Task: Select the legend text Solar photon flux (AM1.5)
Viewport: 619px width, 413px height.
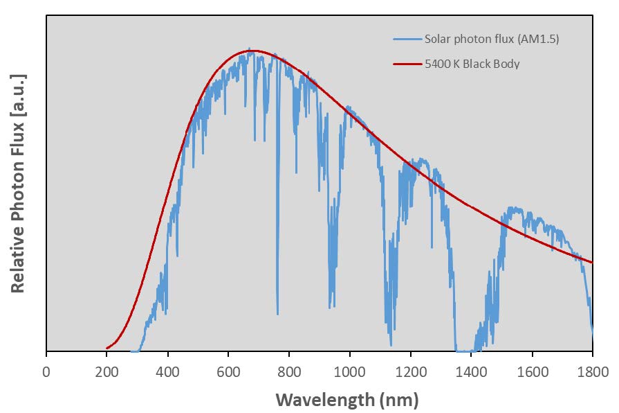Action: tap(492, 39)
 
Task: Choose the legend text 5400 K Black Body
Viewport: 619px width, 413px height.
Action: tap(472, 64)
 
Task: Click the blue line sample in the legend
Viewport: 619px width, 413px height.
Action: tap(407, 39)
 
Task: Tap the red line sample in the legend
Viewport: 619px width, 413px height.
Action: tap(407, 64)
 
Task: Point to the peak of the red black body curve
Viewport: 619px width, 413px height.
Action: tap(254, 51)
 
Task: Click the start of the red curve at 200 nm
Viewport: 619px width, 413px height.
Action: tap(107, 348)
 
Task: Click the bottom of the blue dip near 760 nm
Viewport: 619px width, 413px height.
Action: tap(278, 313)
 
